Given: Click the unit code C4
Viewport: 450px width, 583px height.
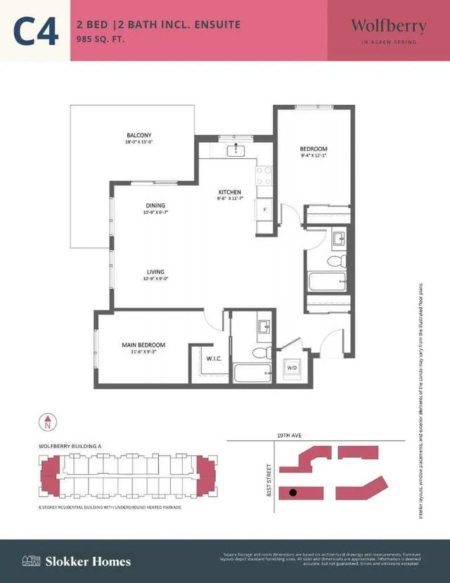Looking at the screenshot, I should (35, 31).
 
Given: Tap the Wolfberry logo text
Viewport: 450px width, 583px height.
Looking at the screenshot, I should (388, 27).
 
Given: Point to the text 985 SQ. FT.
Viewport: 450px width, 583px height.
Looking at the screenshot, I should (103, 40).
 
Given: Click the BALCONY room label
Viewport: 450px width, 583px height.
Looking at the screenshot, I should (139, 135).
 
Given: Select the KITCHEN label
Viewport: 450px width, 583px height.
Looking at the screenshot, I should (230, 192).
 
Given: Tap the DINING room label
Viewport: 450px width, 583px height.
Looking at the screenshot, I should (155, 205).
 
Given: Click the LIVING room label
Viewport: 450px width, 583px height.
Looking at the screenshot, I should (155, 271).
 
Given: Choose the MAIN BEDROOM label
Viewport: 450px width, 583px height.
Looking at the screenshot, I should (143, 345).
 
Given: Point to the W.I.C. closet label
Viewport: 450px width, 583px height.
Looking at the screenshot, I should (214, 359).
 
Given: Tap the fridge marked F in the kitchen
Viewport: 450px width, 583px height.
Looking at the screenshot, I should (264, 210).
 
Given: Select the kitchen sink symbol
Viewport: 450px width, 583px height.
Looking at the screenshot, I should (234, 150).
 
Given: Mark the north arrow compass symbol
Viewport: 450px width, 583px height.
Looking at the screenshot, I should (48, 423).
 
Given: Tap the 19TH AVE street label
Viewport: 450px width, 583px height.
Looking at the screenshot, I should (290, 436).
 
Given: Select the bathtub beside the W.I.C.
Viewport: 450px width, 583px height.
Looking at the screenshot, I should (252, 373).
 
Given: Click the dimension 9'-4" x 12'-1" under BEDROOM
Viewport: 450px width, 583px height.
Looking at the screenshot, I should (314, 156).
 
